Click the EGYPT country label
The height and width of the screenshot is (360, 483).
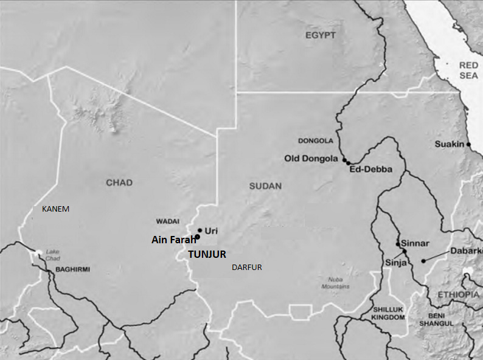tap(321, 35)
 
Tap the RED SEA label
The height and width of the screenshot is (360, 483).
tap(468, 70)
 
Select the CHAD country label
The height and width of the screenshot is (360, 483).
tap(119, 182)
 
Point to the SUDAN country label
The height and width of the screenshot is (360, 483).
tap(265, 186)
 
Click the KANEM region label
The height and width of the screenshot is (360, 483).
tap(55, 209)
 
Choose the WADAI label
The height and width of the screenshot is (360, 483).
tap(169, 221)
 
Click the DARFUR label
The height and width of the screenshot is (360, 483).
tap(246, 267)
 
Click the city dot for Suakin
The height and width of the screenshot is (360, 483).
tap(468, 144)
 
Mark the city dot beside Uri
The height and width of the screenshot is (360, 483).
tap(200, 230)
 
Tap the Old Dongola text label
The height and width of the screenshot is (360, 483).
tap(310, 159)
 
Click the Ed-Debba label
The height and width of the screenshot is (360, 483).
tap(370, 170)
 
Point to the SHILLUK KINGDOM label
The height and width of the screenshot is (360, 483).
tap(389, 313)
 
